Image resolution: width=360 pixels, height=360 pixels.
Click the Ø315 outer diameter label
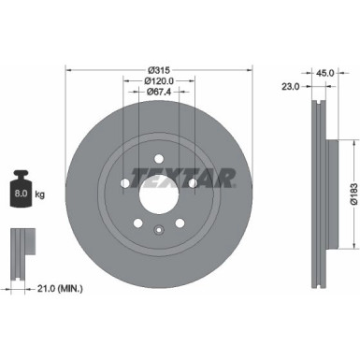158,70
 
